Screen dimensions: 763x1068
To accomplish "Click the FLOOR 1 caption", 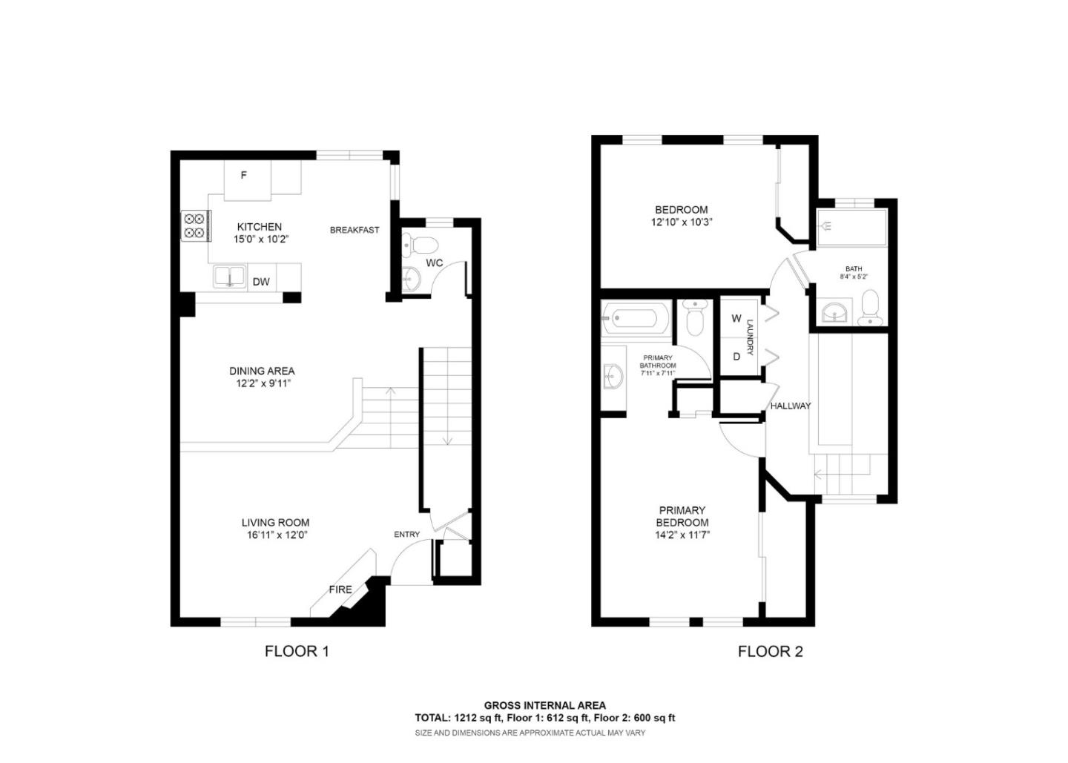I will [x=297, y=652].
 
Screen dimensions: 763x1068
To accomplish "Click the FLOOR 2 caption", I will [x=770, y=652].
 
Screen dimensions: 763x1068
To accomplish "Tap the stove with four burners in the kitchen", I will [x=194, y=225].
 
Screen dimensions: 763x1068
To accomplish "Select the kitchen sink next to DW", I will [x=230, y=277].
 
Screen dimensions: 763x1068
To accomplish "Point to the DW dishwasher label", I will [x=260, y=282].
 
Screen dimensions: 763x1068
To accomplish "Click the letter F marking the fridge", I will [x=243, y=176].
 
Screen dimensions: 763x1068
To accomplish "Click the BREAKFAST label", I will [x=355, y=230].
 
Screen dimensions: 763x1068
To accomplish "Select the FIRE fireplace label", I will [x=340, y=589].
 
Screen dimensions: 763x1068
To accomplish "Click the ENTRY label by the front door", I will [x=406, y=535].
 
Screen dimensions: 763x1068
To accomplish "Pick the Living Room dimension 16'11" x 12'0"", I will [x=275, y=535].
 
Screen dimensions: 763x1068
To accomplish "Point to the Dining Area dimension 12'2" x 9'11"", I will [x=261, y=383].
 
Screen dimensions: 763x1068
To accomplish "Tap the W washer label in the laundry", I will [x=736, y=319].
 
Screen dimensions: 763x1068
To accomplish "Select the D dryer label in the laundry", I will [x=736, y=357].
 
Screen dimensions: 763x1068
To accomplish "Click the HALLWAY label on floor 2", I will [x=790, y=406].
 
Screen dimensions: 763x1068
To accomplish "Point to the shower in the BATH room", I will [x=851, y=227].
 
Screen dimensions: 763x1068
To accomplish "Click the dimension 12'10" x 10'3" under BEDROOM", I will [x=681, y=222].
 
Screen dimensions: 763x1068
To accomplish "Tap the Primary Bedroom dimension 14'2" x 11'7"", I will [x=682, y=535].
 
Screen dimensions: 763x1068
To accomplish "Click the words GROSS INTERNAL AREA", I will [x=545, y=705].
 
